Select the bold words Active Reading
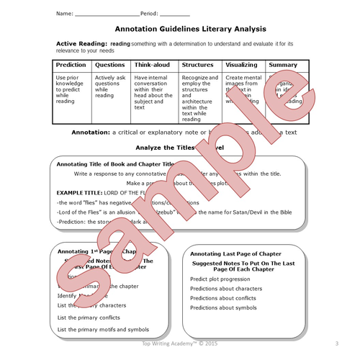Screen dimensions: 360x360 [81, 44]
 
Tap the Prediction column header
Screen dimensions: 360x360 [71, 65]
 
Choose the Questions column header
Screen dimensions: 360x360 [110, 65]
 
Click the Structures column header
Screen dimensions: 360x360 [198, 65]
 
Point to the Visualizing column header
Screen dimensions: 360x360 [241, 65]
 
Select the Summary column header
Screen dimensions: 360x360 [282, 65]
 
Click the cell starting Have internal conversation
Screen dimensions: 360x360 [153, 89]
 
